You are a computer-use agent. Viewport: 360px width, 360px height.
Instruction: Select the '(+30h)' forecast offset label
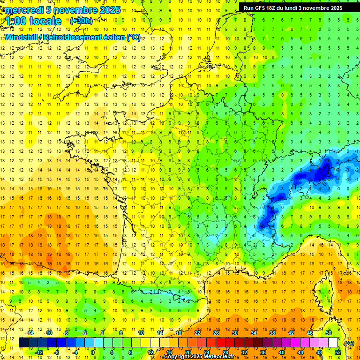81,21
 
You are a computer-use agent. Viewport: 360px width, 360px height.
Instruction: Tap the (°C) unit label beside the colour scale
349,343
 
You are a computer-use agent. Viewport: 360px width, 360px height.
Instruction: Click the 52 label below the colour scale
337,352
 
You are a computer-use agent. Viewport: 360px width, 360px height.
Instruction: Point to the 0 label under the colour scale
93,352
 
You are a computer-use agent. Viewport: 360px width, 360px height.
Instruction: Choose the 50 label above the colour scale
329,333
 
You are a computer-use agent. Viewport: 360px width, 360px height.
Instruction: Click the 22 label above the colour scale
197,333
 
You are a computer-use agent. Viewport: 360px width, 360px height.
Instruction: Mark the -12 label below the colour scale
39,352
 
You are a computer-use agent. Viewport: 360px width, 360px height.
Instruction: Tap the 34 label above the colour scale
254,333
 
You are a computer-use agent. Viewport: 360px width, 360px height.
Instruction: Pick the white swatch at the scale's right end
333,343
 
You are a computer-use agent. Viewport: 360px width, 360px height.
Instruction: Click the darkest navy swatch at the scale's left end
24,343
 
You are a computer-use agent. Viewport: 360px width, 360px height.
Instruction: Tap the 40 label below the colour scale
281,352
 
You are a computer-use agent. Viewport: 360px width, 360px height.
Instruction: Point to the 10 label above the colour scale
141,333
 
